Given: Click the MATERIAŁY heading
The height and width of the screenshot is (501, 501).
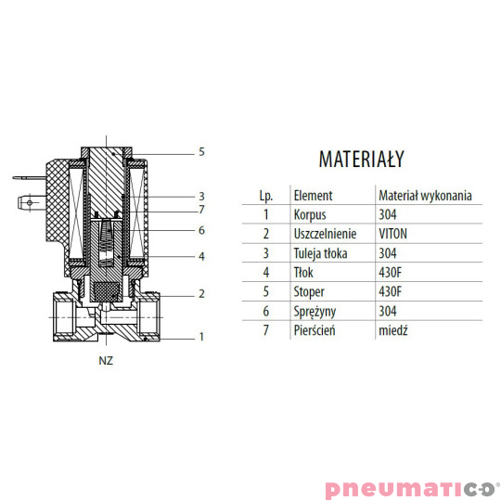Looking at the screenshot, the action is coord(362,159).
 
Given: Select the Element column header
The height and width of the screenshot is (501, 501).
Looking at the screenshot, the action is coord(313,196).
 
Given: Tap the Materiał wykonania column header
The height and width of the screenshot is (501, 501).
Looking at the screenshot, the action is coord(425,196).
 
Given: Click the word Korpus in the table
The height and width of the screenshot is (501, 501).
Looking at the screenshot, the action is coord(310,214).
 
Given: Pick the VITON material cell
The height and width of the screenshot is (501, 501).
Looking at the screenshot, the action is coord(392,234).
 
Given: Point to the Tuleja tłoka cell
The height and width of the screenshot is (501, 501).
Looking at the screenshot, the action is coord(320,253).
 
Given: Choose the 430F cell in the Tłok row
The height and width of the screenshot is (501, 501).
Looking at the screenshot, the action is coord(390,273).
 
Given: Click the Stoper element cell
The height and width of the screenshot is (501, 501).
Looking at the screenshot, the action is coord(309,291).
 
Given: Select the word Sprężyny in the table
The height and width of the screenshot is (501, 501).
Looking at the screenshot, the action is coord(315,312).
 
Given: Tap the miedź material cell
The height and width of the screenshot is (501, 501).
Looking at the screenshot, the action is coord(393,330).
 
